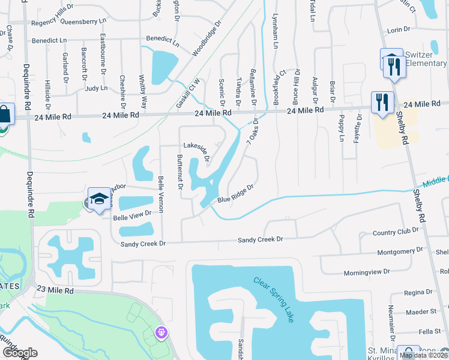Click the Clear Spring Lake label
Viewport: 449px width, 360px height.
pyautogui.click(x=273, y=299)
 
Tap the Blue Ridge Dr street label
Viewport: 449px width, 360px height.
pyautogui.click(x=236, y=193)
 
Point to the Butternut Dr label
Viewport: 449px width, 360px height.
pyautogui.click(x=179, y=170)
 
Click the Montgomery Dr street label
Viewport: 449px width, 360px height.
pyautogui.click(x=400, y=253)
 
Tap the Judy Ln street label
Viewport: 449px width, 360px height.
pyautogui.click(x=96, y=88)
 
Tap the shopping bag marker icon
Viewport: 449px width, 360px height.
pyautogui.click(x=4, y=114)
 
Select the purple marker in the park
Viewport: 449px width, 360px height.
pyautogui.click(x=160, y=331)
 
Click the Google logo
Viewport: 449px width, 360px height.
pyautogui.click(x=19, y=352)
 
